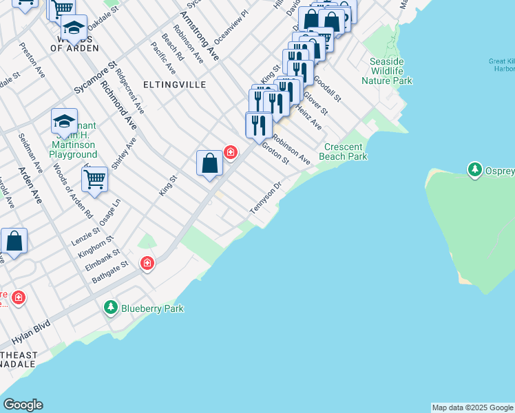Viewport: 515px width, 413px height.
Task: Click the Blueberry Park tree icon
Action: point(110,308)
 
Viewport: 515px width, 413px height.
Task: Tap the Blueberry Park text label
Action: point(152,308)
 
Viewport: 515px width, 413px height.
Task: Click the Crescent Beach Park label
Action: point(345,151)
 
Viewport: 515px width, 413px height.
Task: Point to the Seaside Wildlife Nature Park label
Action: point(386,71)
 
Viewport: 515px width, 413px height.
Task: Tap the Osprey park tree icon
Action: point(474,169)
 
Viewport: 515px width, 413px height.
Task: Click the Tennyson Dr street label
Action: point(267,198)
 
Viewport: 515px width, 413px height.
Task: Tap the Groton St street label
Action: point(275,151)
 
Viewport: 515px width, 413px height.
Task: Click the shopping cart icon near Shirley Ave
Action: point(95,180)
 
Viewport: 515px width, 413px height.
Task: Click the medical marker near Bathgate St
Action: point(147,263)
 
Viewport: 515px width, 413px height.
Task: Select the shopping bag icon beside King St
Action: point(210,164)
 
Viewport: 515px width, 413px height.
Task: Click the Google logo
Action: point(23,405)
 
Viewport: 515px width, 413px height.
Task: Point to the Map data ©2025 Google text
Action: point(472,407)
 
